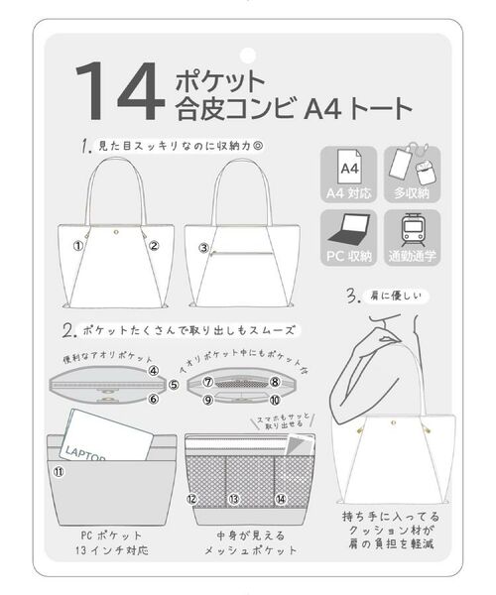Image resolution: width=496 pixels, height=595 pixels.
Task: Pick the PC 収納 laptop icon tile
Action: point(347,239)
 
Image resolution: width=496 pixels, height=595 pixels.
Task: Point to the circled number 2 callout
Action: point(154,246)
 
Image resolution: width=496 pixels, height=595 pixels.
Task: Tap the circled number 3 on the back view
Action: point(202,247)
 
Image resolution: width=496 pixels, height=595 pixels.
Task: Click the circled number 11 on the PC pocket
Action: point(59,473)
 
